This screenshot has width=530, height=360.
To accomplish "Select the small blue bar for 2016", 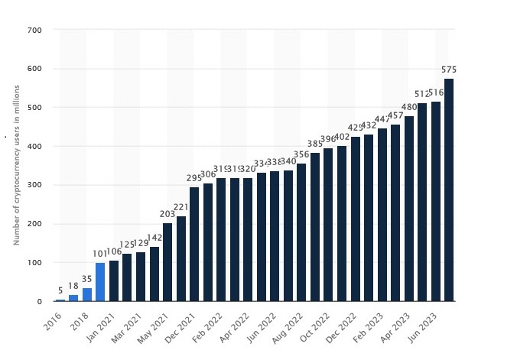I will (x=60, y=300).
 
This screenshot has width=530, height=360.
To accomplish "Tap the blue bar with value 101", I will (x=100, y=282).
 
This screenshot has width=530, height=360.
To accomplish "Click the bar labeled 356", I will (x=301, y=232).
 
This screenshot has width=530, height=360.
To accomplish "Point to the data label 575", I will (x=448, y=70).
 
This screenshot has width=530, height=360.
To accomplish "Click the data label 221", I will (x=181, y=207).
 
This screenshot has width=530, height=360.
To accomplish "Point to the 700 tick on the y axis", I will (x=36, y=31).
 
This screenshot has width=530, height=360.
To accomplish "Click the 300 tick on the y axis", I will (x=36, y=186).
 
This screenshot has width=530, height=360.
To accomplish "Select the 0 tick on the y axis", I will (x=38, y=301).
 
